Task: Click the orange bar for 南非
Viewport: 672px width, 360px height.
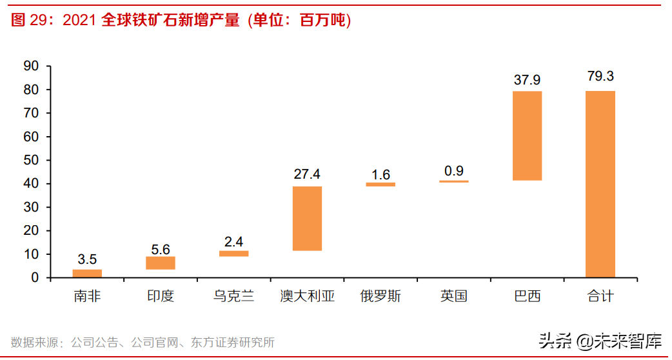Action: pyautogui.click(x=87, y=274)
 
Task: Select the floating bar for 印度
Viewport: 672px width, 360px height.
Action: pyautogui.click(x=161, y=263)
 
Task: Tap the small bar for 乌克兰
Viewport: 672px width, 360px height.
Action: pyautogui.click(x=233, y=254)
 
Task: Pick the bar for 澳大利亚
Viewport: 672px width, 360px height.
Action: pyautogui.click(x=307, y=218)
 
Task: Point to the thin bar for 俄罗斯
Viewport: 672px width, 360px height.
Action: pyautogui.click(x=380, y=185)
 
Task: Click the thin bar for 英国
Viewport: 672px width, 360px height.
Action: pyautogui.click(x=454, y=181)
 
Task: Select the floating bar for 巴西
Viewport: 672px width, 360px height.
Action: pyautogui.click(x=527, y=135)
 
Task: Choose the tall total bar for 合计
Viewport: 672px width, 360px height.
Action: pyautogui.click(x=600, y=184)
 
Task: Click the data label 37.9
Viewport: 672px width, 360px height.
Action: pyautogui.click(x=527, y=80)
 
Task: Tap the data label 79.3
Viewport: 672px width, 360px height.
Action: pyautogui.click(x=600, y=76)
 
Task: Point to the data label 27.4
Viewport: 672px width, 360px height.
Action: pyautogui.click(x=307, y=174)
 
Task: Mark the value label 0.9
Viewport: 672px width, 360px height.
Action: pyautogui.click(x=454, y=170)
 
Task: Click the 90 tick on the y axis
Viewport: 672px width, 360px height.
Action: pyautogui.click(x=31, y=66)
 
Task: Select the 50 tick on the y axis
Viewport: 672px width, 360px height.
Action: pyautogui.click(x=31, y=160)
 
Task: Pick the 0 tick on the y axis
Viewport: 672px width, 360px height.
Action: pyautogui.click(x=35, y=277)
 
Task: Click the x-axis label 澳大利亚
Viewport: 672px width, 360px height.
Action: pyautogui.click(x=307, y=297)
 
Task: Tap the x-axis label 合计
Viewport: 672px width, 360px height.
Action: pyautogui.click(x=600, y=297)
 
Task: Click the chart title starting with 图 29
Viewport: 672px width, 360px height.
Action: pyautogui.click(x=181, y=21)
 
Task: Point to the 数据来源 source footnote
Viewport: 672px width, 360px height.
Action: pyautogui.click(x=143, y=343)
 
